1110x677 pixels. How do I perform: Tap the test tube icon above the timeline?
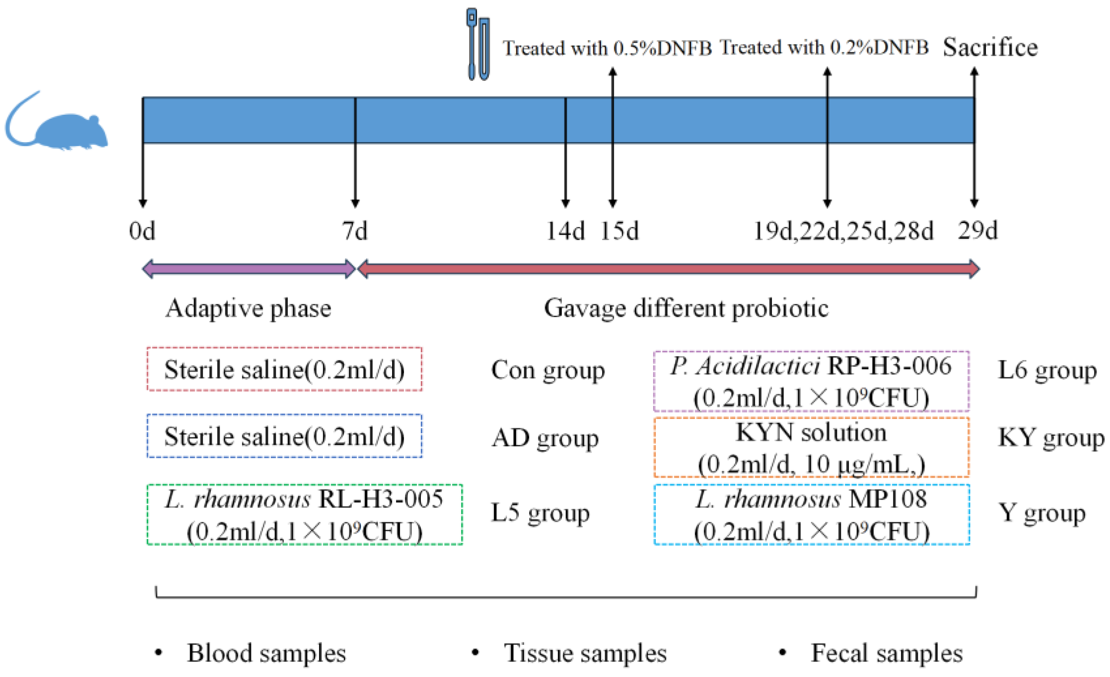point(478,45)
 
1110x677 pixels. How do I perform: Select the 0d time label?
point(142,231)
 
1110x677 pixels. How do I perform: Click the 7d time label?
point(354,231)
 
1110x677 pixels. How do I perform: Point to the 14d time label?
point(565,231)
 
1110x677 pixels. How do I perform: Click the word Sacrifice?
point(990,47)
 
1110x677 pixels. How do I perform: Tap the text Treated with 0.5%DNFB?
point(607,48)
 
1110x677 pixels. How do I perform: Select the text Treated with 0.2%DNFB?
point(823,47)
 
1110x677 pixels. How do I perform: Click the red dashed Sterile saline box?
point(284,369)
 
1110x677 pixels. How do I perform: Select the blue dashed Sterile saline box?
point(284,436)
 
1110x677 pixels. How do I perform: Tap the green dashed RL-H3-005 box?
point(304,514)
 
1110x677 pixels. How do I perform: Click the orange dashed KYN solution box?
point(811,447)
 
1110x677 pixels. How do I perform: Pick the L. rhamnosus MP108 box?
point(811,514)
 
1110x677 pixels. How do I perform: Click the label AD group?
point(545,438)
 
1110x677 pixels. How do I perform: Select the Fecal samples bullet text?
point(886,653)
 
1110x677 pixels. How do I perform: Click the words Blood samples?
point(266,653)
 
